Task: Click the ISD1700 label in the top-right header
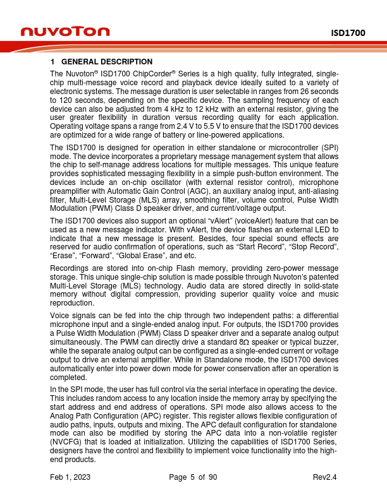(350, 32)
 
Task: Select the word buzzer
(326, 343)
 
